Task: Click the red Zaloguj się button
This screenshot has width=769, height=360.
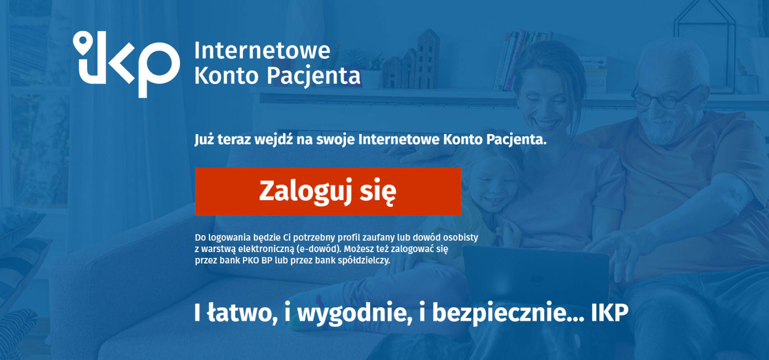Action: pyautogui.click(x=328, y=191)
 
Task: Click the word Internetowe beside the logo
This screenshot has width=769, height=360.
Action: pyautogui.click(x=262, y=51)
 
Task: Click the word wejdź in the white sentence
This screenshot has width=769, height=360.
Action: pyautogui.click(x=273, y=140)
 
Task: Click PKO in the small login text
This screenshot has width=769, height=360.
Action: pyautogui.click(x=250, y=261)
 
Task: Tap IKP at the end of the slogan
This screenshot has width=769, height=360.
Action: pyautogui.click(x=610, y=313)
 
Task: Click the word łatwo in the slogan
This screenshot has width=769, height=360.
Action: pyautogui.click(x=242, y=313)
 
